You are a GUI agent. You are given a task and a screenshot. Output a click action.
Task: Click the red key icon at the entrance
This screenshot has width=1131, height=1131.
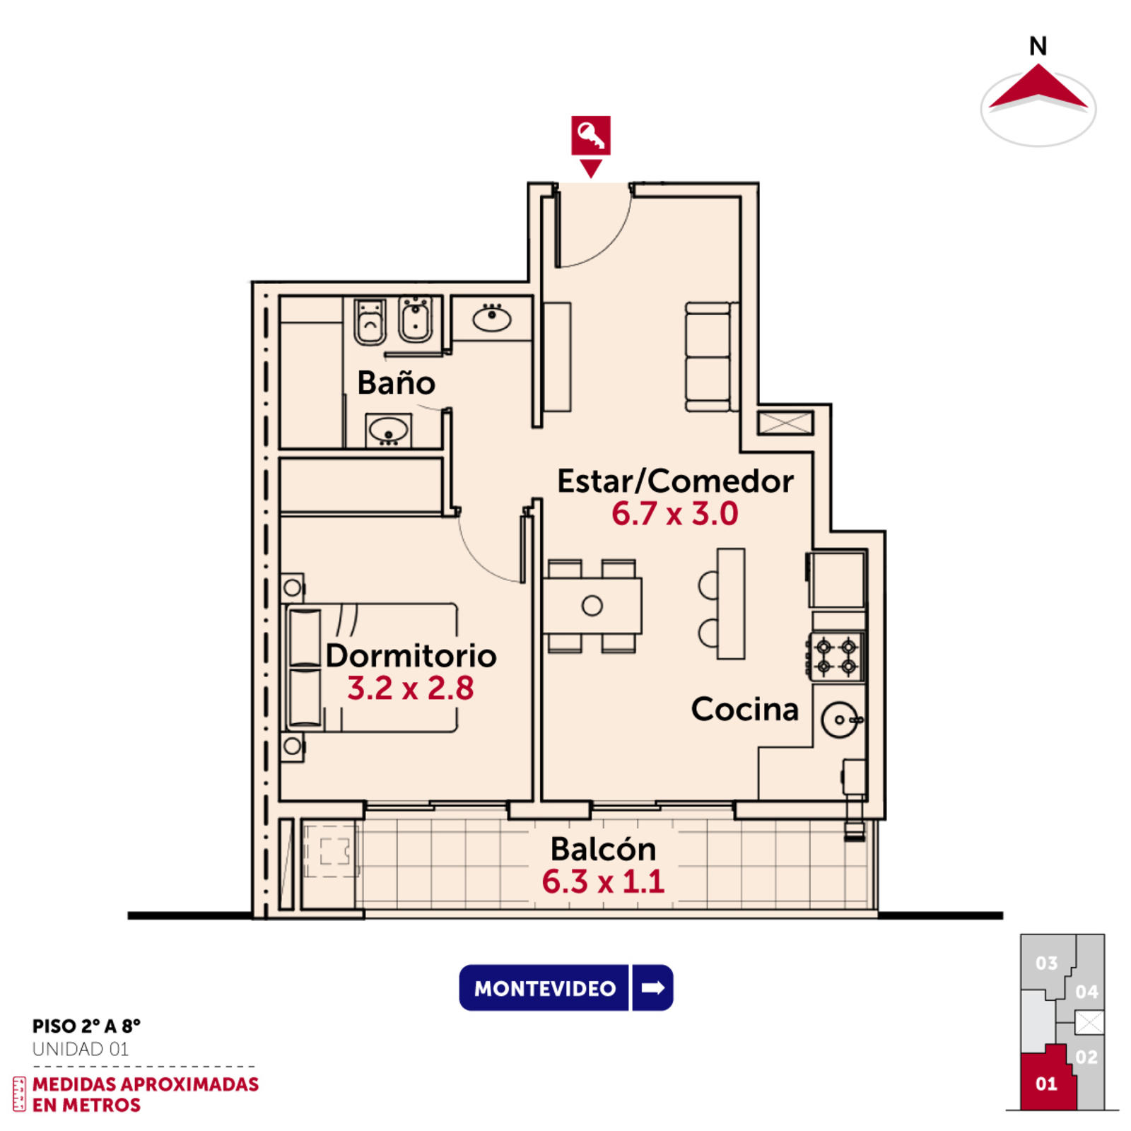pos(590,135)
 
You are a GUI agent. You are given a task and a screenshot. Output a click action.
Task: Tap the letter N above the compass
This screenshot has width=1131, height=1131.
pos(1038,47)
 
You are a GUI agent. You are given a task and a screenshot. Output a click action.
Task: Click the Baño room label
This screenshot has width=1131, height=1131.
pos(396,382)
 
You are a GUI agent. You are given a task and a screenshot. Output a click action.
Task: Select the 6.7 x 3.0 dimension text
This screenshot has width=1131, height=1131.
pos(674,513)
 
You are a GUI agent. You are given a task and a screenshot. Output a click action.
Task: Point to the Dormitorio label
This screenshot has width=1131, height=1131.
pos(411,655)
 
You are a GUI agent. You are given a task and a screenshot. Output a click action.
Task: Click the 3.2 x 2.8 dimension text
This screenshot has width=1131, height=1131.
pos(410,688)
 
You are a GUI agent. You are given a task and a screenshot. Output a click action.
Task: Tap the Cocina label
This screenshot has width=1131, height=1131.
pos(745,709)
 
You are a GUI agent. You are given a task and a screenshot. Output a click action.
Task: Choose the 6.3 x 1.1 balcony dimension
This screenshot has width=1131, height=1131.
pos(603,881)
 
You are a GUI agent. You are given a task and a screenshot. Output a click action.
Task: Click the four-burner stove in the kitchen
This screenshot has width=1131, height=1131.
pos(836,657)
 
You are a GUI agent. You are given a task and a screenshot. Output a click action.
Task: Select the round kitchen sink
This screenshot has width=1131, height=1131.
pos(840,720)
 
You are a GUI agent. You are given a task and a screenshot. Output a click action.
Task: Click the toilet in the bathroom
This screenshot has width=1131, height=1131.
pos(370,322)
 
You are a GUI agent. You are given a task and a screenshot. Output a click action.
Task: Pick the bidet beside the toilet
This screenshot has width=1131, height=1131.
pos(416,320)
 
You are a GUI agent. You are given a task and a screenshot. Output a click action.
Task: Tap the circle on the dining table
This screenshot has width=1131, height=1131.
pos(592,606)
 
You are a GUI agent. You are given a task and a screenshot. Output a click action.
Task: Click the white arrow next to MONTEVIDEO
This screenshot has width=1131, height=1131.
pos(652,988)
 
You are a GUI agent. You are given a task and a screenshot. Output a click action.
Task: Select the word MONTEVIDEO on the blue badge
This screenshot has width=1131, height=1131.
pos(545,988)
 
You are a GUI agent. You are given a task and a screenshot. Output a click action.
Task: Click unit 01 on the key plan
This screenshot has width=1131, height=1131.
pos(1047,1083)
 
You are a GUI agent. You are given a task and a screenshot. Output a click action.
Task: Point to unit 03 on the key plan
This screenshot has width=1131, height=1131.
pos(1047,963)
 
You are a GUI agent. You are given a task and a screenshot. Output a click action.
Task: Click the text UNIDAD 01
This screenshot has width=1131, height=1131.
pos(81,1049)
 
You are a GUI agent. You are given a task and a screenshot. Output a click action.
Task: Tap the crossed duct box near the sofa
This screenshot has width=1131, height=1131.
pos(785,423)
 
